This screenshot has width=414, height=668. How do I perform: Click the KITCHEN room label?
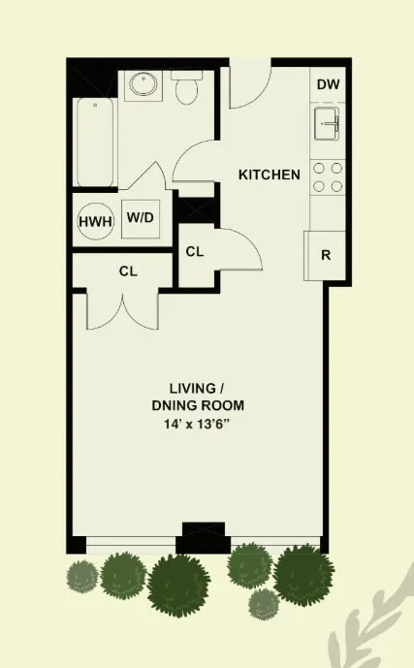point(270,175)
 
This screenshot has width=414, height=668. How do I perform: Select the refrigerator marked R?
point(326,256)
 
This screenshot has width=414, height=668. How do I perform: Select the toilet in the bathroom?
point(187,89)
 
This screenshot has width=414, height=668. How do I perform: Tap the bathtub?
point(96,142)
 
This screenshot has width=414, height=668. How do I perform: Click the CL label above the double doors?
point(128,271)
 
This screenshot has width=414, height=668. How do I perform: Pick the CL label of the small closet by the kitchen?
point(195,251)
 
